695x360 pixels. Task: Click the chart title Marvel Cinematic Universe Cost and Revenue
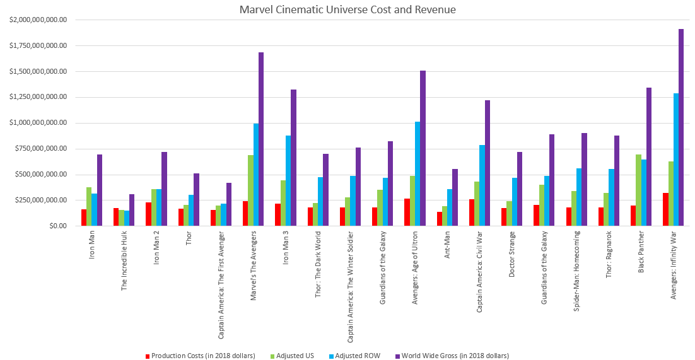click(x=347, y=9)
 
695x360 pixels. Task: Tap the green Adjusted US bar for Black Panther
click(x=638, y=190)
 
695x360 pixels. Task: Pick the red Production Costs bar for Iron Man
click(x=84, y=218)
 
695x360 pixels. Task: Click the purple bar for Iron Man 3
click(x=294, y=158)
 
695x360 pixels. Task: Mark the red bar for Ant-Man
click(x=439, y=219)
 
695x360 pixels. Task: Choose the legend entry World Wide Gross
click(x=455, y=356)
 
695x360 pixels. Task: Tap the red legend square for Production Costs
click(x=148, y=356)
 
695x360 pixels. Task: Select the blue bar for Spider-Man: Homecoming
click(x=579, y=197)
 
